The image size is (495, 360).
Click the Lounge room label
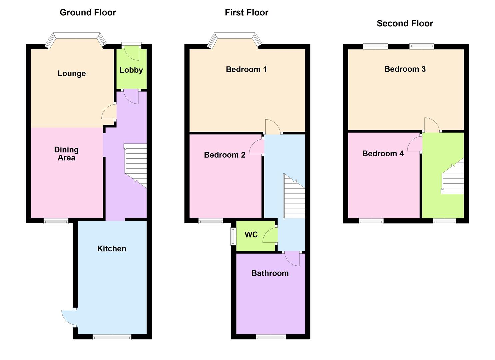tap(72, 74)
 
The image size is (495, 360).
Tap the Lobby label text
tap(131, 70)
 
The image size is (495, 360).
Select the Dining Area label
tap(66, 154)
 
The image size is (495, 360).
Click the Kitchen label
tap(112, 249)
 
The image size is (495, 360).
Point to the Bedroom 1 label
tap(246, 69)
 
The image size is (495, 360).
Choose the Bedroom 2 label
tap(224, 155)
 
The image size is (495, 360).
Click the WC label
tap(251, 235)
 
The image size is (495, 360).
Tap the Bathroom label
tap(270, 273)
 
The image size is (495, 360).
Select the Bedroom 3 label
tap(405, 69)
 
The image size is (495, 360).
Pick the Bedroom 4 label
tap(383, 153)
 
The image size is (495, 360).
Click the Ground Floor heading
tap(88, 13)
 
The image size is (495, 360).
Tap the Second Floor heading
tap(405, 23)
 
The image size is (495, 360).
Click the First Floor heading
tap(246, 13)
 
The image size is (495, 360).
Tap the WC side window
tap(233, 236)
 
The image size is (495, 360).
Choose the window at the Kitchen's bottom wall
tap(112, 337)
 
